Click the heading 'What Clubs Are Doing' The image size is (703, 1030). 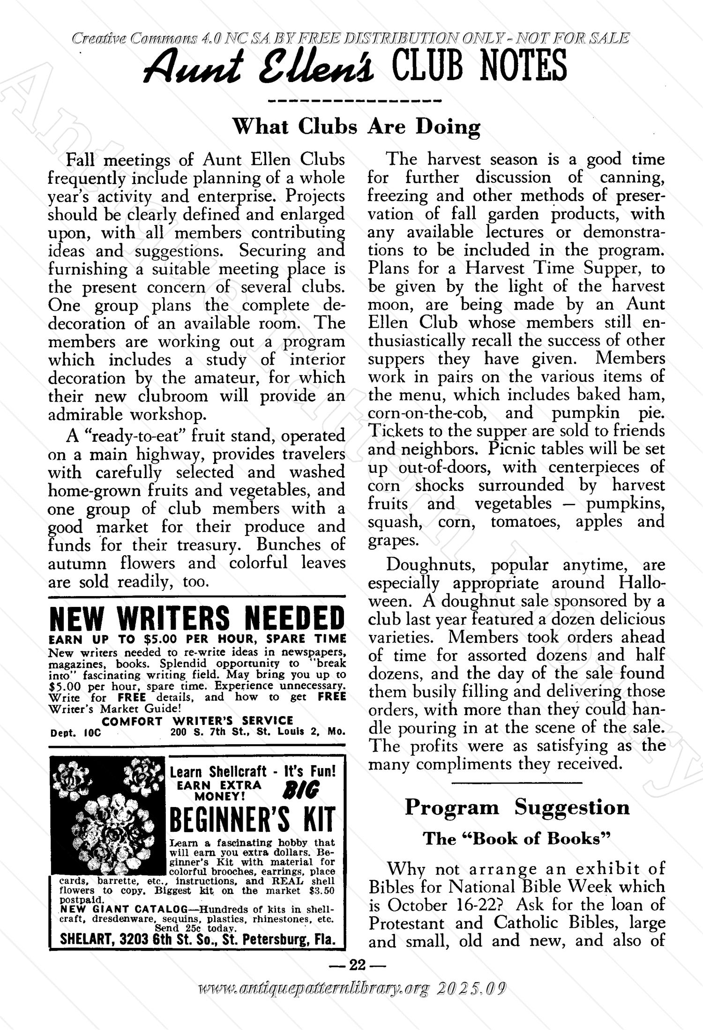(357, 127)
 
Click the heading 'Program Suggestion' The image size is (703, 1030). (517, 807)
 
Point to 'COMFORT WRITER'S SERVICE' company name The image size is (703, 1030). (197, 721)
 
